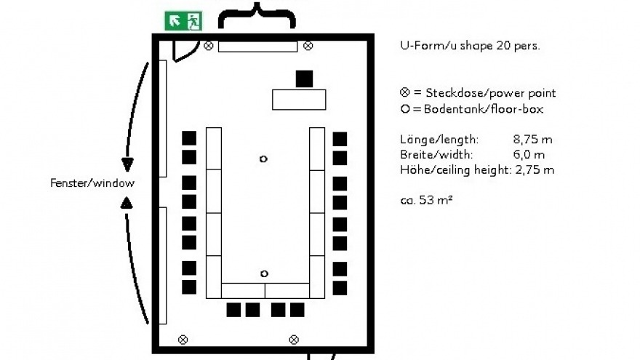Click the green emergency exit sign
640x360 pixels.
point(183,21)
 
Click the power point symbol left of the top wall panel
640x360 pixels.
point(209,46)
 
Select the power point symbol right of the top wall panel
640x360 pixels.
point(308,46)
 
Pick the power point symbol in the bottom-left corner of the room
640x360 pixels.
point(183,339)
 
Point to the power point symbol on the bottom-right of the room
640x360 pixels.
point(294,339)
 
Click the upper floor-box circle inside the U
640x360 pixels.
point(263,159)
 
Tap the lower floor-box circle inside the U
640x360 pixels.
point(264,273)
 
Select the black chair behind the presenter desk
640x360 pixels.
point(304,79)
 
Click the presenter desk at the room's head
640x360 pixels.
point(299,100)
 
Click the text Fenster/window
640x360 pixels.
point(92,183)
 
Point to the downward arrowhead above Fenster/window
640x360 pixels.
point(128,164)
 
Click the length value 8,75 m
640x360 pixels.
point(532,140)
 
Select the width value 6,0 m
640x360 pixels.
point(529,155)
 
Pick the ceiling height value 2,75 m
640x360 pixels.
point(535,169)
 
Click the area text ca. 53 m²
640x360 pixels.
point(426,200)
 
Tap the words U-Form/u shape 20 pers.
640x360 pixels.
point(471,45)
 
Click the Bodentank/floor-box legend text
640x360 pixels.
point(484,109)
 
